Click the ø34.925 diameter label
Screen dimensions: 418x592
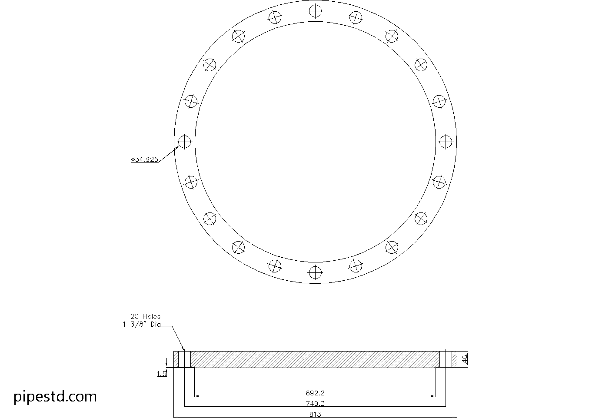click(145, 159)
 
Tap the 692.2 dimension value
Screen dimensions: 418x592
click(315, 393)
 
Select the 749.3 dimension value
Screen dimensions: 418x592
click(315, 403)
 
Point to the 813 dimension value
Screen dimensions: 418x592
click(315, 414)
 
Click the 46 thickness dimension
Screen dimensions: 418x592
click(464, 359)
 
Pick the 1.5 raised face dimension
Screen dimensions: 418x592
click(162, 373)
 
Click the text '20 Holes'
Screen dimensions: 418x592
click(145, 316)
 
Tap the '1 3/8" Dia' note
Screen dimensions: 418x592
click(142, 324)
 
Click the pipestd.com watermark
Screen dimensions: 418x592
click(55, 396)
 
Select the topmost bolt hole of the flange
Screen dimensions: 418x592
click(315, 11)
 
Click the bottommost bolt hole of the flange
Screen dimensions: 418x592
click(315, 272)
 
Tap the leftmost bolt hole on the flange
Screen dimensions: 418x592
click(185, 141)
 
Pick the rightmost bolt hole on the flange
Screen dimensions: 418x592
click(446, 141)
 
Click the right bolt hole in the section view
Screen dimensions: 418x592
click(446, 359)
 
